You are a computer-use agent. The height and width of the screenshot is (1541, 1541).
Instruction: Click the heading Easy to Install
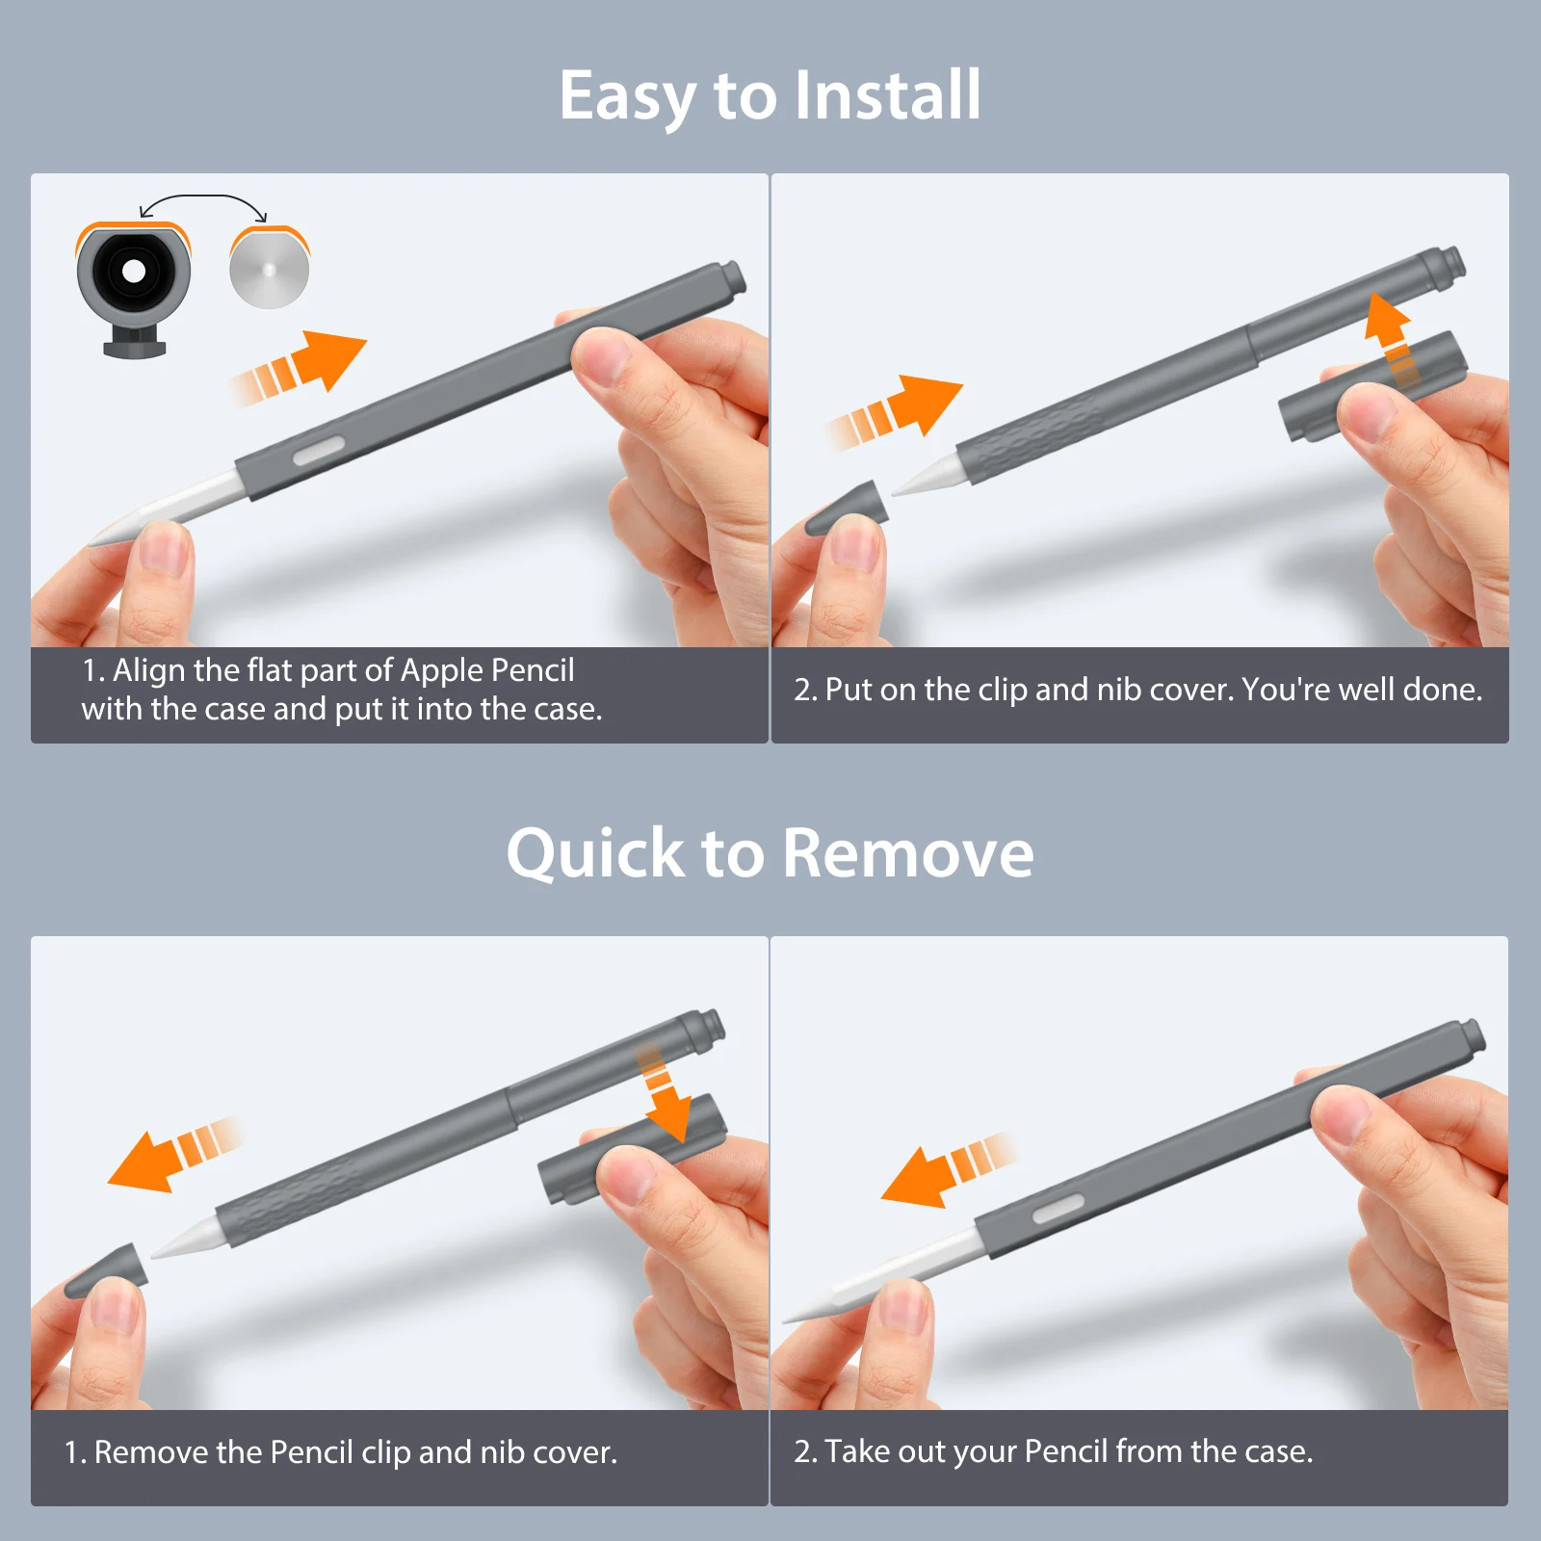[x=770, y=96]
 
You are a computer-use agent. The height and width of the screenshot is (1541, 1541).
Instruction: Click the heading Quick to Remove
[x=770, y=853]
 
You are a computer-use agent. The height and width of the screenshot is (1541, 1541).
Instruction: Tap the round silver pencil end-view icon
[x=270, y=269]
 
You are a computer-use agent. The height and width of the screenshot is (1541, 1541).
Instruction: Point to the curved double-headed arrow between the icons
[x=203, y=196]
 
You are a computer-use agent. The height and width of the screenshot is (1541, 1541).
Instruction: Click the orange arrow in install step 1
[x=299, y=367]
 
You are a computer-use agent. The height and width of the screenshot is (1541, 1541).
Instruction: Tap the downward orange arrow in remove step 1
[x=663, y=1094]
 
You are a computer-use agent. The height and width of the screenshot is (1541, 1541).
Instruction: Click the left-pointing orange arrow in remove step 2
[x=949, y=1169]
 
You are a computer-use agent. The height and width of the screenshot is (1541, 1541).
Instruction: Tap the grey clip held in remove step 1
[x=631, y=1149]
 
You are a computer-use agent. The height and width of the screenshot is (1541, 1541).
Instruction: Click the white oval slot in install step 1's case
[x=319, y=449]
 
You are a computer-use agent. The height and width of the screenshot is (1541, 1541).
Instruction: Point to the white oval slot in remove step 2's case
[x=1058, y=1210]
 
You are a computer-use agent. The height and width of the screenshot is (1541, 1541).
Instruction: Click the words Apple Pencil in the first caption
[x=487, y=670]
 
